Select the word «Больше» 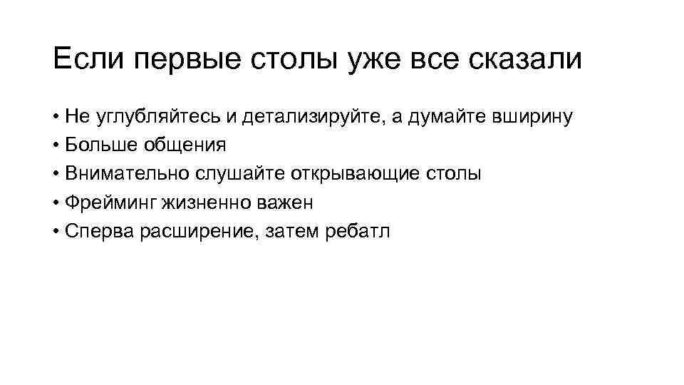pos(95,146)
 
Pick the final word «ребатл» pos(360,232)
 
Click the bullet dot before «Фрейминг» pos(56,203)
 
